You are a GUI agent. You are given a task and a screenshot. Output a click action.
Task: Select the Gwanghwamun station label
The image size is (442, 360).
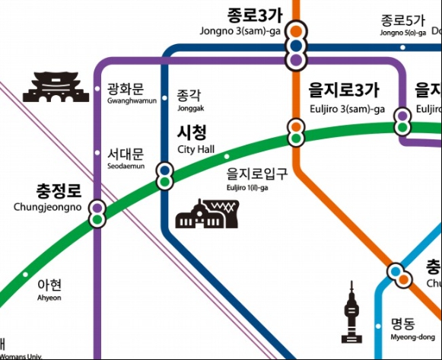[x=131, y=93]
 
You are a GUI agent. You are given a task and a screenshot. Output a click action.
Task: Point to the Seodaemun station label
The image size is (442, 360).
[x=126, y=158]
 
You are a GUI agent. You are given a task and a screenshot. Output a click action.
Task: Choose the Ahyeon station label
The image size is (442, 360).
[x=49, y=288]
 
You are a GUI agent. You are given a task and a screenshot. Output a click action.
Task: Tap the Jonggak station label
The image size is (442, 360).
[x=189, y=100]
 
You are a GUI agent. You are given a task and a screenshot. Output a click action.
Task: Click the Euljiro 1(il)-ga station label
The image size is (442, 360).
[x=257, y=179]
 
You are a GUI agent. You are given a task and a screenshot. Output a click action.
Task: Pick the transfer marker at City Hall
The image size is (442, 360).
[x=164, y=176]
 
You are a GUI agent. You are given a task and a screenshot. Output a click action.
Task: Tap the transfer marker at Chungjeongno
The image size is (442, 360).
[x=97, y=213]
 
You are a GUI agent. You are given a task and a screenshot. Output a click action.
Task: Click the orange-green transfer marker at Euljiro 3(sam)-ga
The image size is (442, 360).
[x=296, y=132]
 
